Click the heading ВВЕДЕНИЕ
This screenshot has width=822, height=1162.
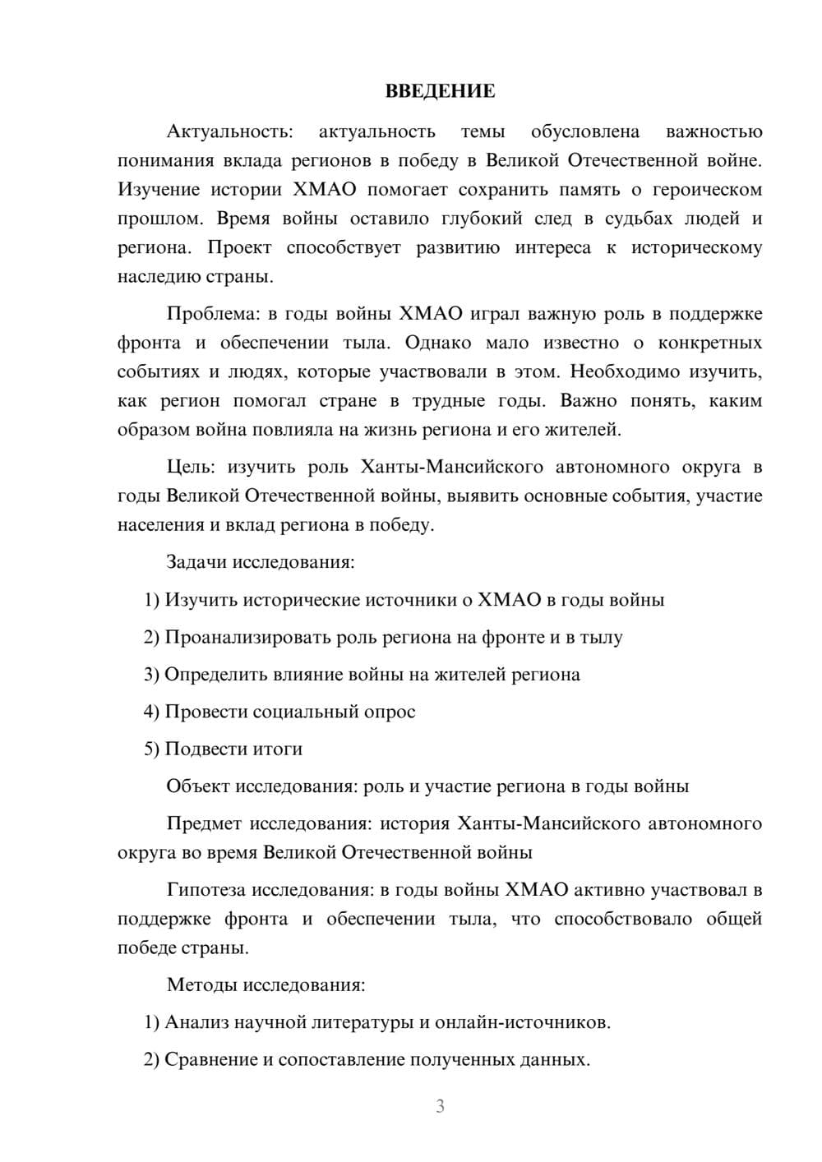[440, 91]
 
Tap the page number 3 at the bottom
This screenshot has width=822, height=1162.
[440, 1106]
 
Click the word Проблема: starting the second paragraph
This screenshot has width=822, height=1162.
[209, 314]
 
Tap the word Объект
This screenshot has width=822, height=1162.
[198, 786]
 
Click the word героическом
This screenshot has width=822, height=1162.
[707, 190]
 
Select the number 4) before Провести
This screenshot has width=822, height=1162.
[151, 712]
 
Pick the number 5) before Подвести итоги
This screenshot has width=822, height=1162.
[151, 749]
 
